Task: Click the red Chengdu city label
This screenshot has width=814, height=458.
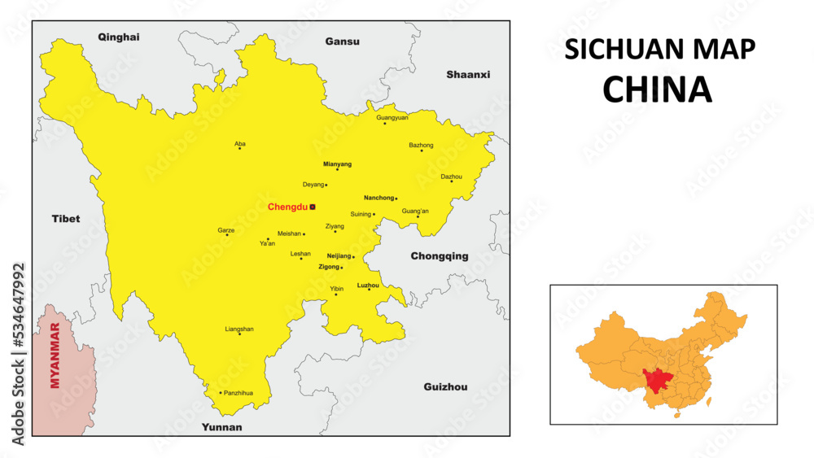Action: point(287,207)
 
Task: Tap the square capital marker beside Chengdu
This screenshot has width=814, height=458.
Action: point(312,207)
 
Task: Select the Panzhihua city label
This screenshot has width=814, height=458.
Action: point(239,393)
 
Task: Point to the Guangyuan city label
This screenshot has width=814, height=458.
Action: point(392,117)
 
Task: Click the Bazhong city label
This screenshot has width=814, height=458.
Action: point(421,145)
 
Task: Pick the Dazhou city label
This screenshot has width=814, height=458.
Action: point(451,176)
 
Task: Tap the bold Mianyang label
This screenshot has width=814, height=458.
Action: point(337,164)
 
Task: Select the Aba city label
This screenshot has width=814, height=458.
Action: point(239,143)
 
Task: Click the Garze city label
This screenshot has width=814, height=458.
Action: point(225,230)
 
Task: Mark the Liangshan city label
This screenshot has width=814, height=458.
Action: point(239,329)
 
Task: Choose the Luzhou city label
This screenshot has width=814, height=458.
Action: point(368,285)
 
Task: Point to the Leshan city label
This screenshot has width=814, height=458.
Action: point(300,254)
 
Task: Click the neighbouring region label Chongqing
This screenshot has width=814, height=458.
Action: point(439,256)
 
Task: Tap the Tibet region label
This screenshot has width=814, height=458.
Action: point(66,219)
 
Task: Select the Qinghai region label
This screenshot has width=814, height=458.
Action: point(119,37)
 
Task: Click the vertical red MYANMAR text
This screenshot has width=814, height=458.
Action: point(55,356)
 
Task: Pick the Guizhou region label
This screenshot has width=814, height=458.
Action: point(445,387)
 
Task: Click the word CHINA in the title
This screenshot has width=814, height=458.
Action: point(657,89)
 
